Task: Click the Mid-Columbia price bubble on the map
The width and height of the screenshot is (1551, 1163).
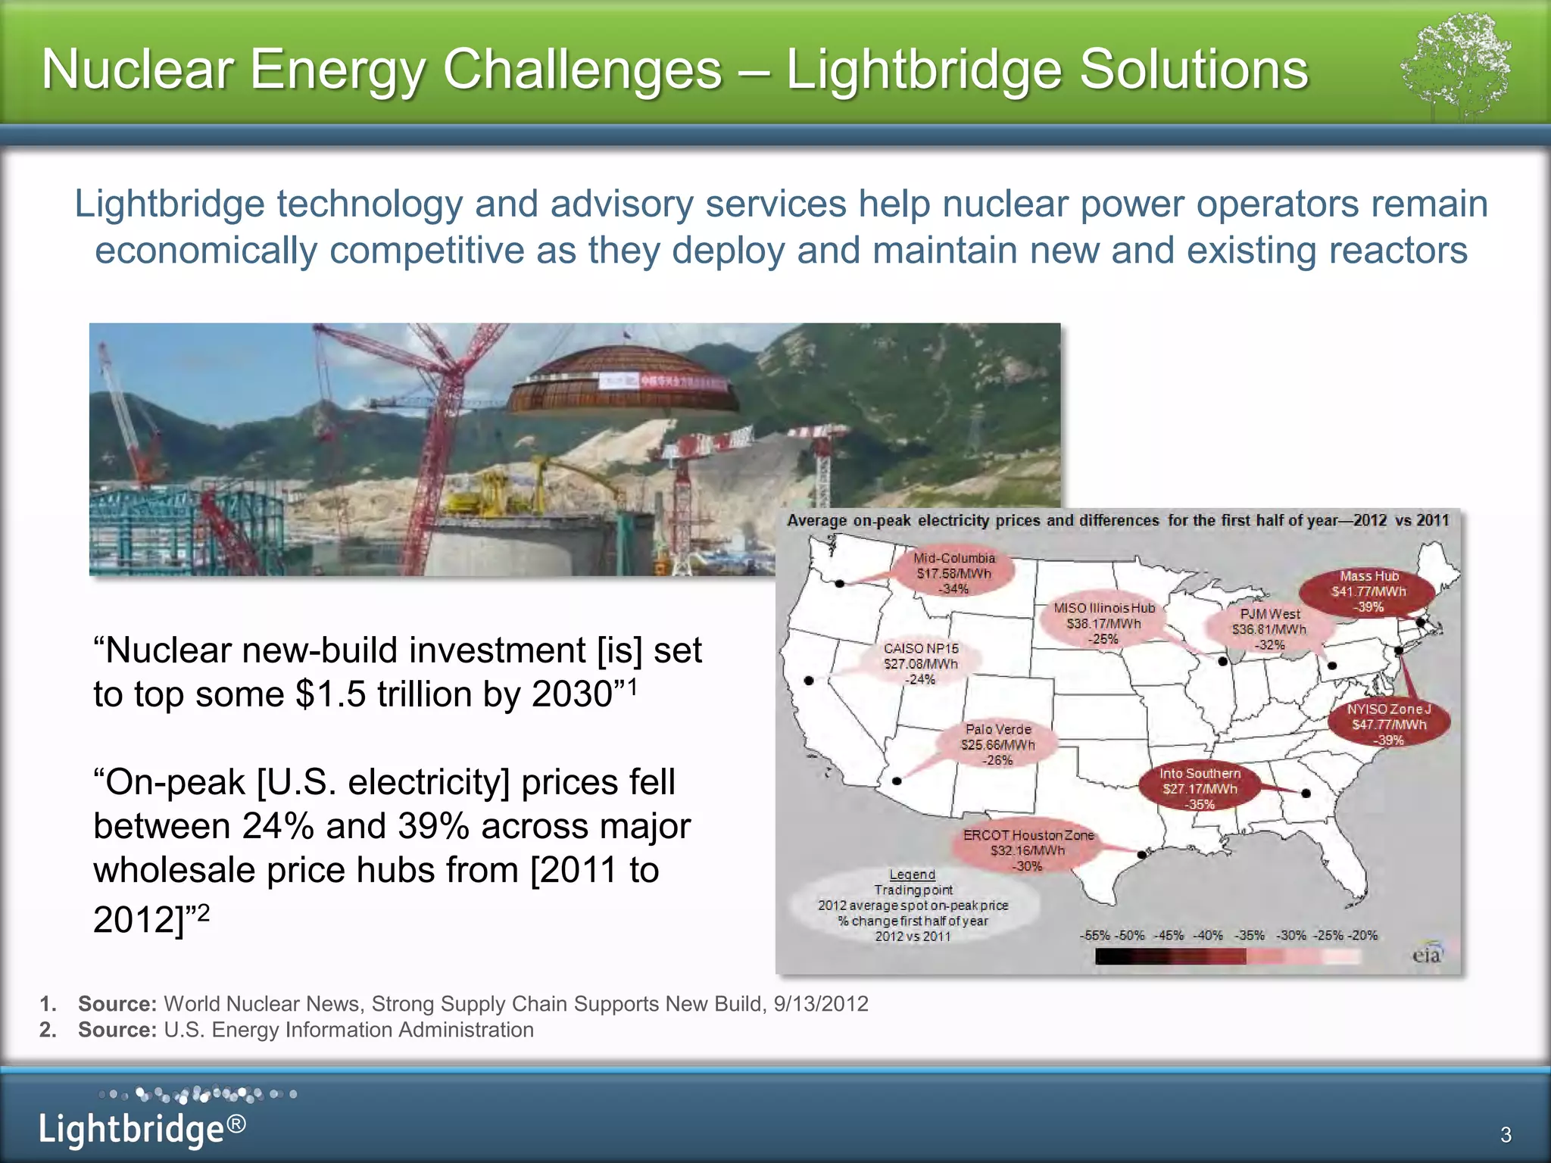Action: click(x=953, y=573)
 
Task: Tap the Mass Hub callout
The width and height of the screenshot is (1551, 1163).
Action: click(x=1368, y=591)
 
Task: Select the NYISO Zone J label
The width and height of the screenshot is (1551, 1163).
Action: click(x=1389, y=725)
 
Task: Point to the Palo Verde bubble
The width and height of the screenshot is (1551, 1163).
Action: click(x=997, y=744)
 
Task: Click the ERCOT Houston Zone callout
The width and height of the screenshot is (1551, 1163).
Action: click(x=1028, y=850)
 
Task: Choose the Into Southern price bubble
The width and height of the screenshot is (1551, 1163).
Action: click(x=1200, y=788)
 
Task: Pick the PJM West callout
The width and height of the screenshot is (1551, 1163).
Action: click(x=1269, y=629)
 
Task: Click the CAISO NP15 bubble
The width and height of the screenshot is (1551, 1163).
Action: click(x=921, y=663)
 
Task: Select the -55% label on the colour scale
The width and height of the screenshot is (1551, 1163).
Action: click(x=1094, y=935)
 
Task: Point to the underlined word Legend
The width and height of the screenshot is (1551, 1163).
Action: click(x=912, y=875)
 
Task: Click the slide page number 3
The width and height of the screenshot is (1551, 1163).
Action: click(x=1506, y=1134)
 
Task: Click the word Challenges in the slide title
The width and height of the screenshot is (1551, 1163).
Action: click(x=582, y=70)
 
